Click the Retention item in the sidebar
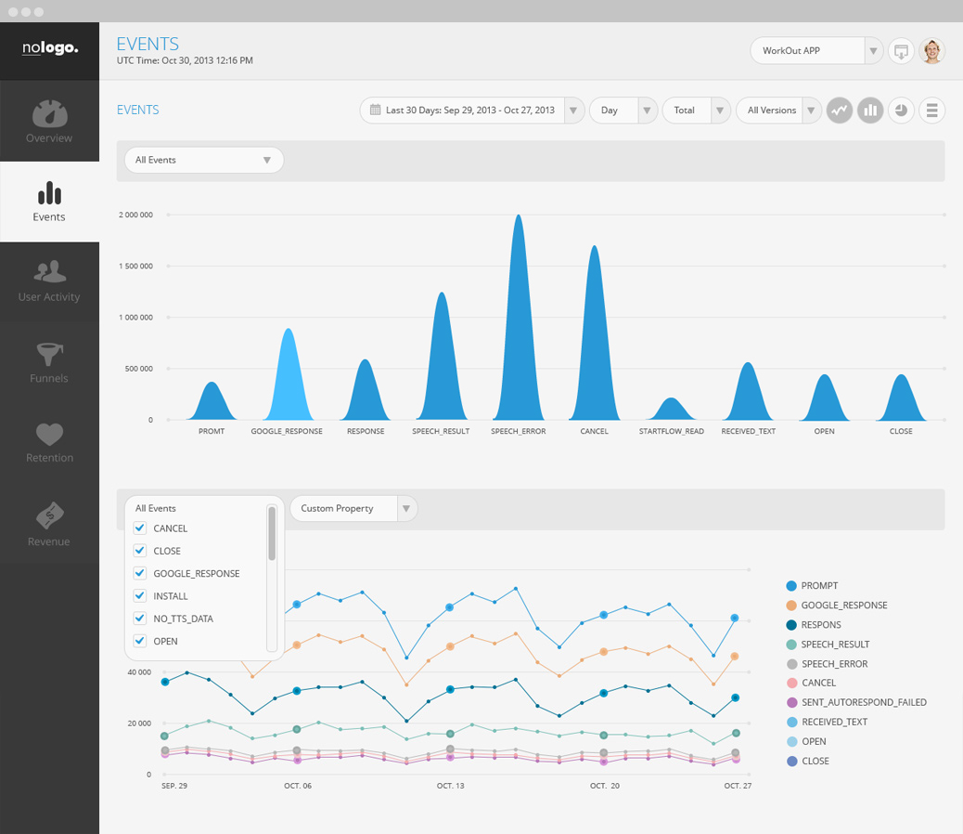click(x=49, y=442)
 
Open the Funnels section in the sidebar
click(x=49, y=362)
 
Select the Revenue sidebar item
click(x=49, y=524)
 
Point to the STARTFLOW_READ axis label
click(x=672, y=431)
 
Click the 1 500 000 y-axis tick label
click(x=135, y=266)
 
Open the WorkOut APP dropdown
click(x=816, y=50)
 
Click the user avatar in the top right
click(x=931, y=51)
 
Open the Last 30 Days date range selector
click(x=471, y=110)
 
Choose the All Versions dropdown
click(x=778, y=110)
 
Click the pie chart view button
click(x=901, y=110)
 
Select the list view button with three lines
click(x=931, y=110)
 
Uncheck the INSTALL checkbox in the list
click(x=140, y=596)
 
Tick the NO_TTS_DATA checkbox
click(x=140, y=619)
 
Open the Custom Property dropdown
click(x=353, y=508)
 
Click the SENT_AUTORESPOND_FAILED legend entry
click(x=863, y=702)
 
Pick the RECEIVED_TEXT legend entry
click(x=834, y=722)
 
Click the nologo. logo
click(x=50, y=48)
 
